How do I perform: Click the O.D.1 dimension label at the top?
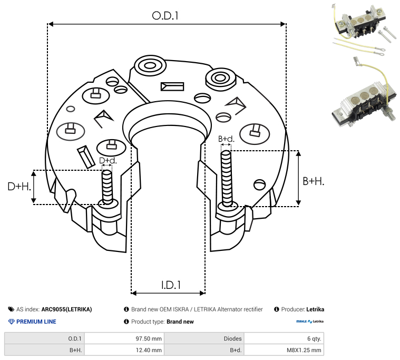pos(165,16)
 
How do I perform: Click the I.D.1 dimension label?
pos(171,285)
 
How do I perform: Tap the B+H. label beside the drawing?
pos(313,181)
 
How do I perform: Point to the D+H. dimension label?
pos(19,187)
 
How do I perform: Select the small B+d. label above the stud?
pos(226,139)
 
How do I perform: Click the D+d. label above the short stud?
pos(108,160)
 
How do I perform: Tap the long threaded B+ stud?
pos(226,179)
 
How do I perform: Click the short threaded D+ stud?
pos(107,187)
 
